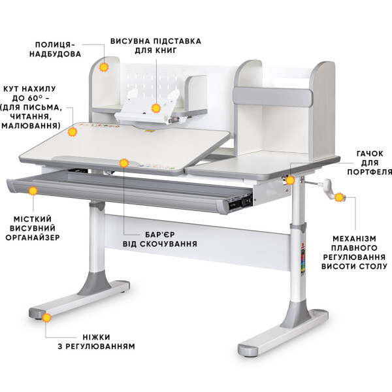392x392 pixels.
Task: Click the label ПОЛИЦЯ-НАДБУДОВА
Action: [56, 49]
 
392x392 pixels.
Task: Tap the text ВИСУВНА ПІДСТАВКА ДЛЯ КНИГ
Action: [155, 46]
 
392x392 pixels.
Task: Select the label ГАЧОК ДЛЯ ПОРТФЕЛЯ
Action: [370, 163]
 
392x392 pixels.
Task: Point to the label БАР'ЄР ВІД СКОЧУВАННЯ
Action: [160, 239]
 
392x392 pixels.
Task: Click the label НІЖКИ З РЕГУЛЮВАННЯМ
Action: [97, 342]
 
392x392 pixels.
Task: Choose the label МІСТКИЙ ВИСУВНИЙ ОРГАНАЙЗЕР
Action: [33, 228]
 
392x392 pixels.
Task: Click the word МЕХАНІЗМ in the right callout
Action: [354, 238]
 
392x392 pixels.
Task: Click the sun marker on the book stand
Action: [156, 108]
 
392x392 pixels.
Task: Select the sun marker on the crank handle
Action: [339, 197]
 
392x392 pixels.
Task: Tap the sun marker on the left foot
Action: [46, 318]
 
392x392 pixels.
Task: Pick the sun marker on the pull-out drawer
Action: [33, 191]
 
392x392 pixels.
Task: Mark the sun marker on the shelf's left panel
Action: [104, 67]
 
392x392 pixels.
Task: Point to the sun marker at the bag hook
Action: [290, 180]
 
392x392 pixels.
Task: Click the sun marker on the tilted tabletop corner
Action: [73, 132]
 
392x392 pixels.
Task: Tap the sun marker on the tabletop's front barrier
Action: [124, 163]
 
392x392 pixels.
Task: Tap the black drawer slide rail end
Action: [240, 202]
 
